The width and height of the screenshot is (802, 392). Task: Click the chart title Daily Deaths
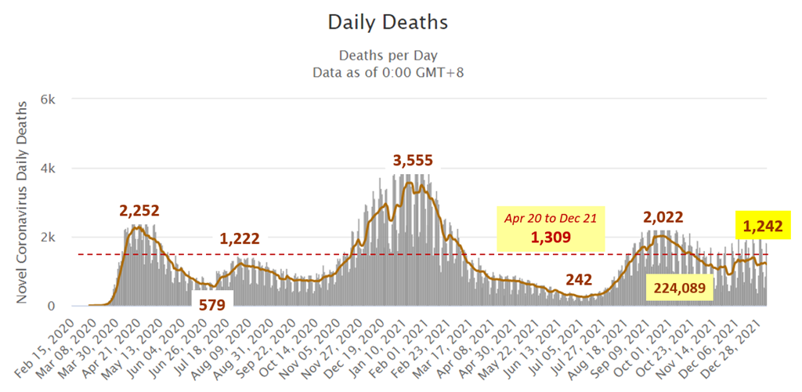388,23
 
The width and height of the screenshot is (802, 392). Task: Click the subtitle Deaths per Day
388,56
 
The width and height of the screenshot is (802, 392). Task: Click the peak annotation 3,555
413,161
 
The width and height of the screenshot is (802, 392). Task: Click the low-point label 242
581,280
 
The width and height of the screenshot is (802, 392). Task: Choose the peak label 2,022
663,217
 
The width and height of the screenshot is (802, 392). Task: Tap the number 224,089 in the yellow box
678,289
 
